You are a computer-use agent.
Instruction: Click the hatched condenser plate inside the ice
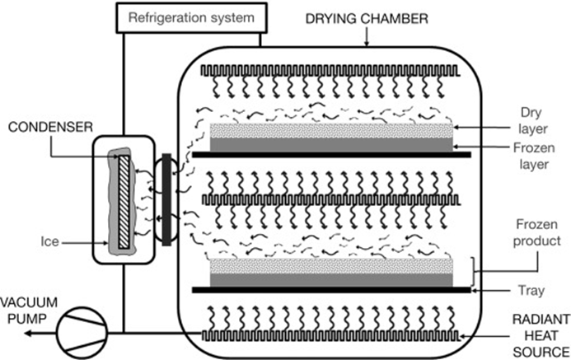(x=124, y=195)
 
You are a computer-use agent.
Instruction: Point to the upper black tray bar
(x=330, y=154)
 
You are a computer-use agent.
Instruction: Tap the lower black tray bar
(x=330, y=290)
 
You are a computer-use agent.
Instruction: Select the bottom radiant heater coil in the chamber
(x=330, y=336)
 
